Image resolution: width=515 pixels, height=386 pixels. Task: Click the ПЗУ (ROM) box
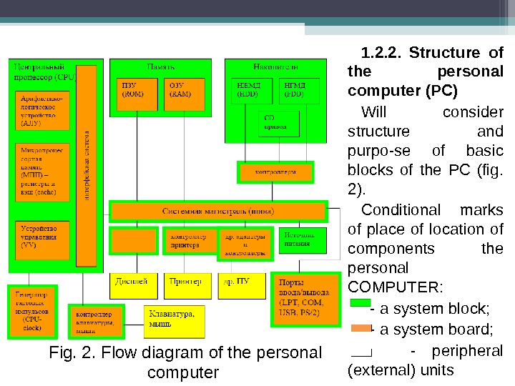pyautogui.click(x=136, y=92)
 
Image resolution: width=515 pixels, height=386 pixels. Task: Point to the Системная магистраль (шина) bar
pyautogui.click(x=217, y=212)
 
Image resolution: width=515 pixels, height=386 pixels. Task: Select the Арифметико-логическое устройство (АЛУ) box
pyautogui.click(x=42, y=111)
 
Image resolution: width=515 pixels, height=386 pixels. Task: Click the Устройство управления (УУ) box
pyautogui.click(x=42, y=240)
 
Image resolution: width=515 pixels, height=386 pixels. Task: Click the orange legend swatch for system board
pyautogui.click(x=360, y=329)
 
